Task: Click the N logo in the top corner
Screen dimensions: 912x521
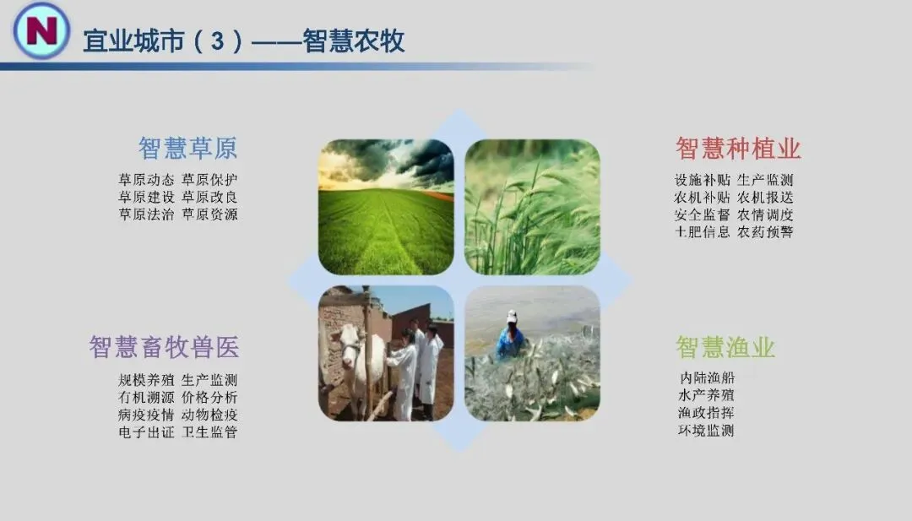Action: [41, 30]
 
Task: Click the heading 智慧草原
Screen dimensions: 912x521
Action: [187, 149]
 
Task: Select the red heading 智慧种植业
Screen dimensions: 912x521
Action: [738, 149]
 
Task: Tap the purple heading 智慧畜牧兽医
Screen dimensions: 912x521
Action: [164, 347]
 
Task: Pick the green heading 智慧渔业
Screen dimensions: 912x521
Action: [725, 347]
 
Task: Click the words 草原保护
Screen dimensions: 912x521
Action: [209, 180]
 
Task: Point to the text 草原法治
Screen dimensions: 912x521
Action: [147, 214]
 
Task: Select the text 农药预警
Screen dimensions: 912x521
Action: [765, 232]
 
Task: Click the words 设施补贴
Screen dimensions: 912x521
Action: [703, 180]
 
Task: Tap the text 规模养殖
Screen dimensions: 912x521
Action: [147, 380]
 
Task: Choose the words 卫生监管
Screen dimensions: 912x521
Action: [209, 432]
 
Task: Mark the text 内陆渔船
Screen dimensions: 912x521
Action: [707, 378]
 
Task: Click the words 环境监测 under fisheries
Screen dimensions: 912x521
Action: [707, 431]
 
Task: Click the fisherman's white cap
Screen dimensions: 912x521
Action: [512, 316]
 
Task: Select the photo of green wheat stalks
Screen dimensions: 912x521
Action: [532, 207]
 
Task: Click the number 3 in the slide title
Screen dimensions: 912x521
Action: [218, 41]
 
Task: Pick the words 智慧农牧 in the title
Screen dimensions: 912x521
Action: [354, 41]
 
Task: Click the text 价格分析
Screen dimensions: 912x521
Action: [209, 398]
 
